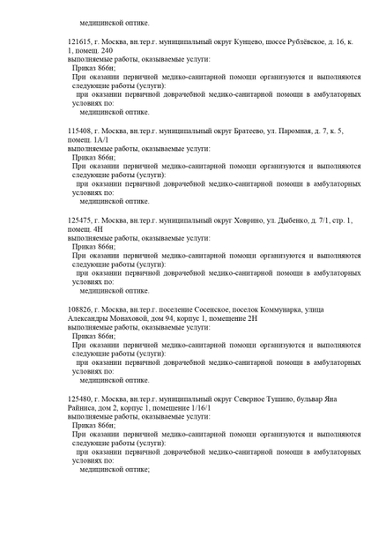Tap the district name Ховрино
point(235,220)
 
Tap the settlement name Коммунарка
point(294,309)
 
